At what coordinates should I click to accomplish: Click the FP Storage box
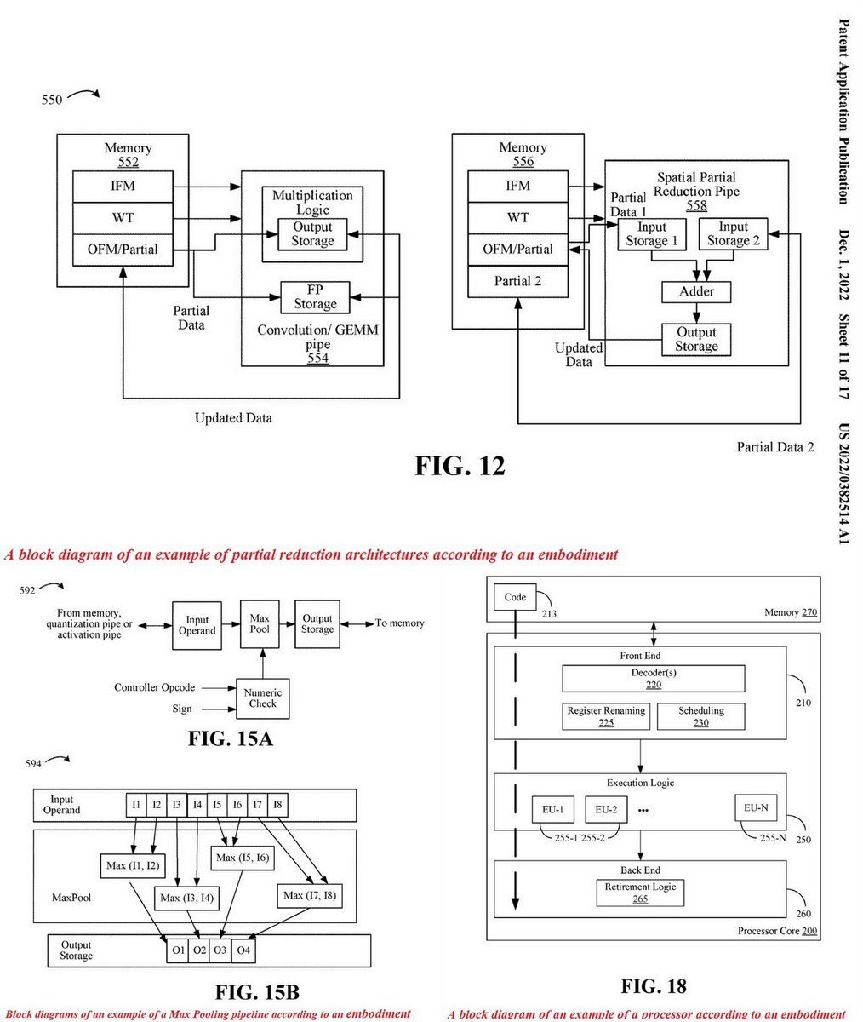coord(315,297)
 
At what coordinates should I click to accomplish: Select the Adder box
coord(696,291)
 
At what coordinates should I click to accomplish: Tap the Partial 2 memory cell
coord(517,281)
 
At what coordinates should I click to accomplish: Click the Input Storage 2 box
coord(733,233)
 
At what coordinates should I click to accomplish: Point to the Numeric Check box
coord(262,698)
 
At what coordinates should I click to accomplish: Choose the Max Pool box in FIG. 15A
coord(260,624)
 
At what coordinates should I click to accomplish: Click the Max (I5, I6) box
coord(243,858)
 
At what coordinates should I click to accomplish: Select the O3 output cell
coord(220,950)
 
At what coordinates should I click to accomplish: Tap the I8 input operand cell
coord(277,804)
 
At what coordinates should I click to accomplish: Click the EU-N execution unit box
coord(755,808)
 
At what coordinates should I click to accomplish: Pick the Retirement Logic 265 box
coord(640,892)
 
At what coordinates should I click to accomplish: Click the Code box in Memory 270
coord(515,598)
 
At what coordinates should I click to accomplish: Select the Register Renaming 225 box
coord(606,716)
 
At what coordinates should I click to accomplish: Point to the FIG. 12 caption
coord(460,466)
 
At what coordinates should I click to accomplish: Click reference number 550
coord(52,100)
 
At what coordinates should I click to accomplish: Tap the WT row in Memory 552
coord(123,218)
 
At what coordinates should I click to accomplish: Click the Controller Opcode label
coord(155,687)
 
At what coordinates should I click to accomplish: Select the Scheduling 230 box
coord(700,716)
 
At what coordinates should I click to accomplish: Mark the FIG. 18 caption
coord(653,986)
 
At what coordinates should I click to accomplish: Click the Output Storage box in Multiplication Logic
coord(312,234)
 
